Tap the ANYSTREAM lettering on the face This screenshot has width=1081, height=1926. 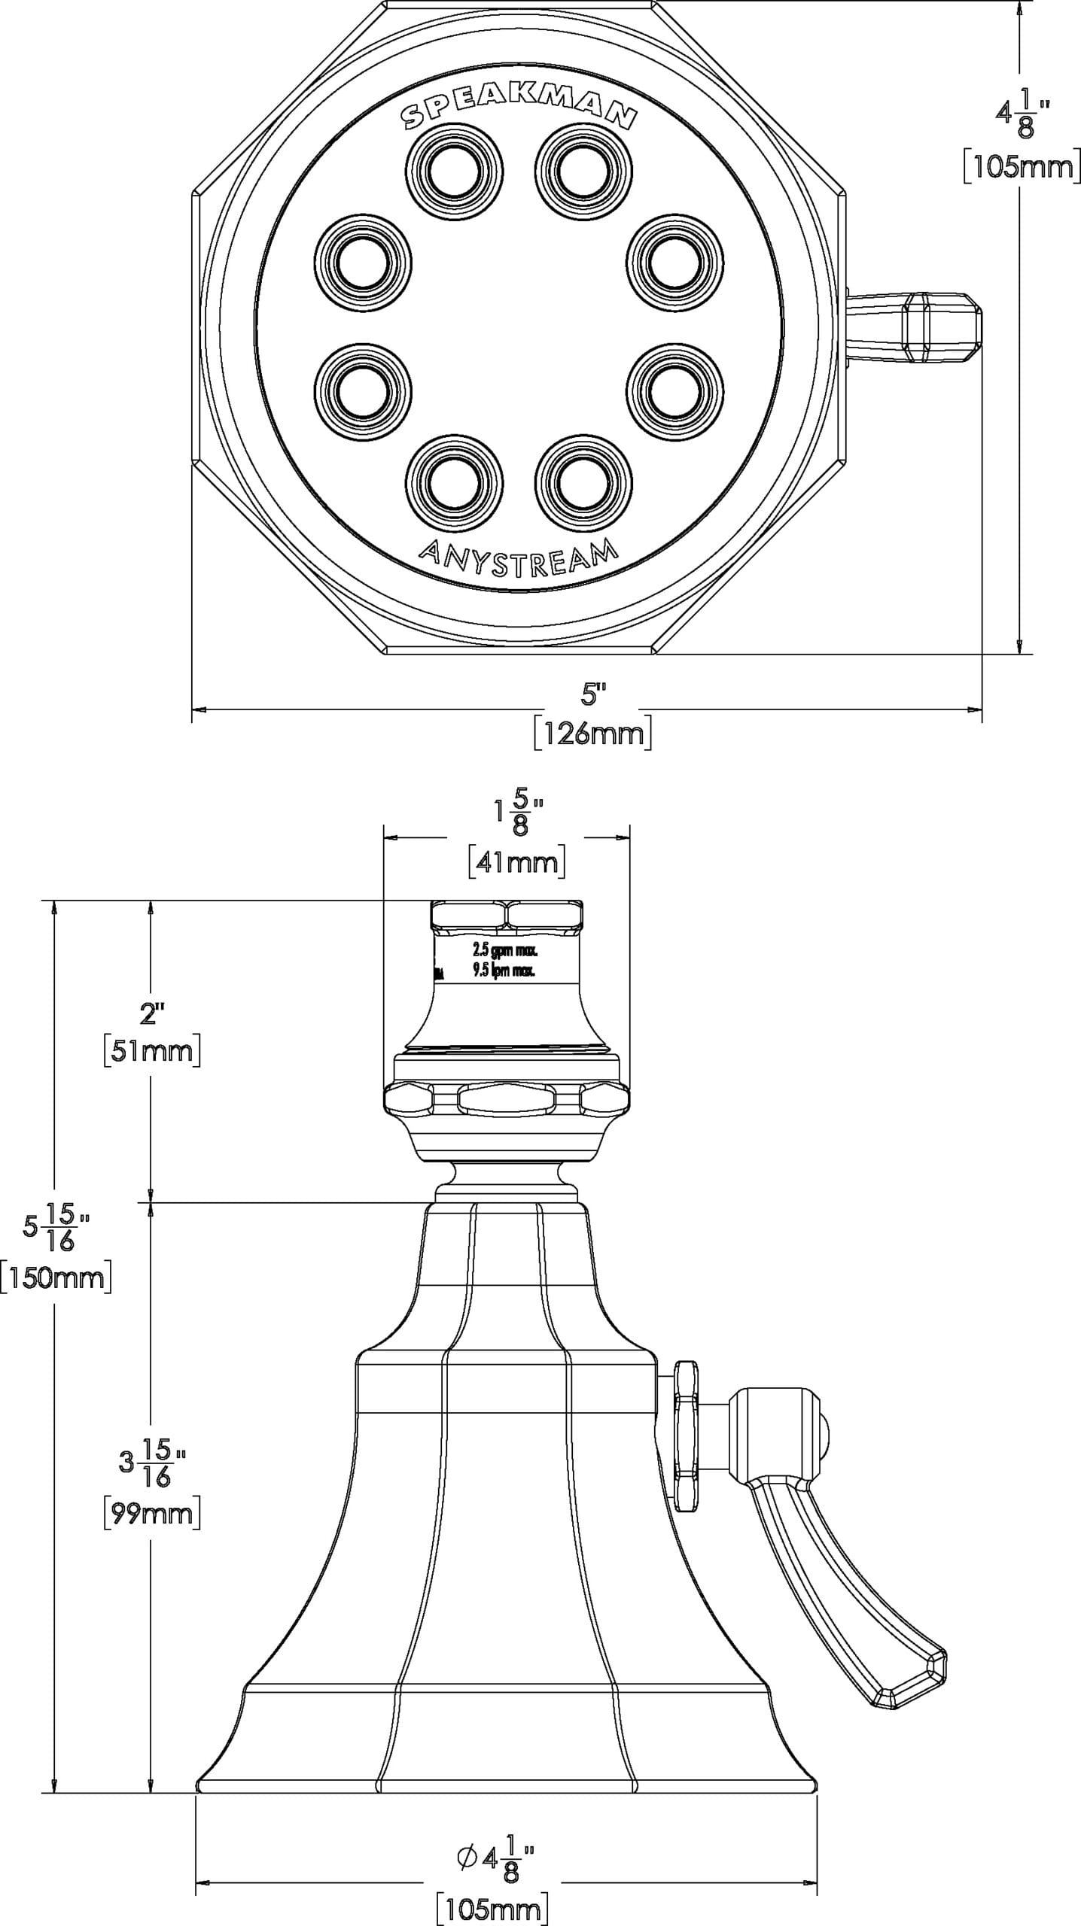(x=518, y=557)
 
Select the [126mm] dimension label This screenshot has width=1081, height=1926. (x=592, y=734)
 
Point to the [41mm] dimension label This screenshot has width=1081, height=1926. (x=516, y=862)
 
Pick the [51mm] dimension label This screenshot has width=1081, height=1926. (x=152, y=1050)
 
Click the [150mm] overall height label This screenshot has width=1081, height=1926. (x=56, y=1277)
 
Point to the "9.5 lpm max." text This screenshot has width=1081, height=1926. (x=504, y=971)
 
